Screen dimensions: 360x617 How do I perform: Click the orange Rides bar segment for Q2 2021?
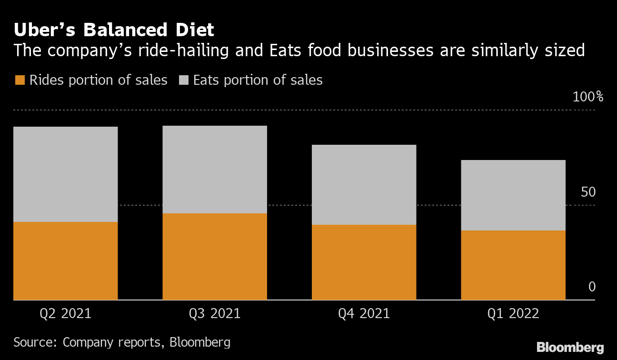(x=66, y=260)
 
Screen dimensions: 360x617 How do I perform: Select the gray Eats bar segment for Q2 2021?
(x=66, y=174)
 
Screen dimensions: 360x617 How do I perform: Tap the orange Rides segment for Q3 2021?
(x=215, y=256)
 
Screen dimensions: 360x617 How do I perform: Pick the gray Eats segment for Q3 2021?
(x=215, y=169)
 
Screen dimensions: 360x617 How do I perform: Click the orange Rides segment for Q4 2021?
(x=364, y=262)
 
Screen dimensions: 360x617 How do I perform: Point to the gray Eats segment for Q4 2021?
(x=364, y=184)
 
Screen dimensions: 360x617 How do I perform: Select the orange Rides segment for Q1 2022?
(x=513, y=265)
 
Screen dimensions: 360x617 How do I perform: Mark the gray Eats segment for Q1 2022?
(x=513, y=195)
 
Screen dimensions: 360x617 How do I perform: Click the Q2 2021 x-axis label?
(x=66, y=314)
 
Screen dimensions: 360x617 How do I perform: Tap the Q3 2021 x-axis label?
(x=215, y=314)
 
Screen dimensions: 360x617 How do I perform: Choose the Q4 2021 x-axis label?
(x=364, y=314)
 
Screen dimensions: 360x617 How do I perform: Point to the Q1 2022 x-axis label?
(x=513, y=314)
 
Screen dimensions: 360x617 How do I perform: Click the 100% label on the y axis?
(x=588, y=97)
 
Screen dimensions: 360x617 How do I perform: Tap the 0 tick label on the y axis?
(x=592, y=287)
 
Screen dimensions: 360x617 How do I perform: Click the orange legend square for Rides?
(x=20, y=80)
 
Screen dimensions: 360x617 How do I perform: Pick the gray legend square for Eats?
(x=183, y=80)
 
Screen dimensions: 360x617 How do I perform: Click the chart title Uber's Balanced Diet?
(x=114, y=30)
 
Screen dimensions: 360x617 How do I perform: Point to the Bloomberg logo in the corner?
(x=570, y=347)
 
